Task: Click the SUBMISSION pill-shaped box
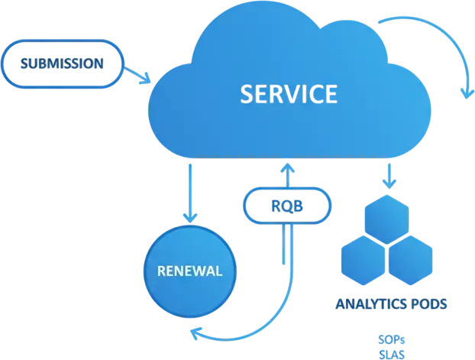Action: click(x=61, y=64)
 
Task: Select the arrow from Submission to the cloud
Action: click(x=138, y=74)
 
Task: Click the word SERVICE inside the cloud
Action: click(x=287, y=94)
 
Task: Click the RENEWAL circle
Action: click(x=189, y=271)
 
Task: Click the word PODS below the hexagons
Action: click(x=427, y=304)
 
